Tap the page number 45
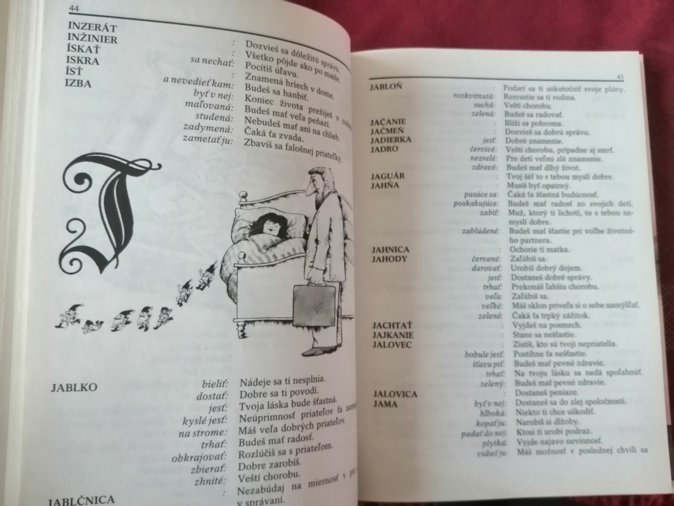[x=620, y=77]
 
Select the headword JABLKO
[x=74, y=388]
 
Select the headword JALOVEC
[x=392, y=345]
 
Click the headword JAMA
[x=385, y=404]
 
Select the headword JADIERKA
[x=391, y=140]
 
